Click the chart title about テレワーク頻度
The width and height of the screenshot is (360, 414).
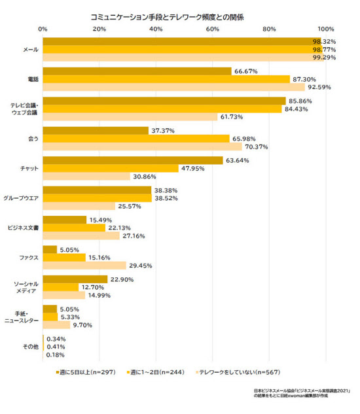pos(167,18)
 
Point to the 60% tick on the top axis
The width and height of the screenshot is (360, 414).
pos(213,29)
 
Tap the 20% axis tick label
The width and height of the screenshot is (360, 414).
pos(99,29)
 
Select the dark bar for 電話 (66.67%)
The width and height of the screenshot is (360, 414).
pos(137,71)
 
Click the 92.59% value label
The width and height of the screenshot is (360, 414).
pos(319,87)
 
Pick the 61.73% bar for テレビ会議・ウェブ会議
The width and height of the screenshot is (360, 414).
pos(130,116)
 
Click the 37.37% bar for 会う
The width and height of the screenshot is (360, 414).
pos(96,131)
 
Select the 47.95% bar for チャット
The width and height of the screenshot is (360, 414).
pos(111,169)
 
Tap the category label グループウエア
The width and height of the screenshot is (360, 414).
pos(21,198)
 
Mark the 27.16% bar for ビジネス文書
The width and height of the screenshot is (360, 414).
pos(81,236)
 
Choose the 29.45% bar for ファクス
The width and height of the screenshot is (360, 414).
pos(84,266)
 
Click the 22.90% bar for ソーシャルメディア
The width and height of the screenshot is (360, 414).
pos(75,279)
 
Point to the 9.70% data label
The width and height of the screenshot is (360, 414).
pos(82,325)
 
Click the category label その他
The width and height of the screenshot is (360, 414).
pos(31,347)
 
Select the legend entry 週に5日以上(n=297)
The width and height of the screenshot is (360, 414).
pos(86,372)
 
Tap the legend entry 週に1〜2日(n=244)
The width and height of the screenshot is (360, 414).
pos(156,372)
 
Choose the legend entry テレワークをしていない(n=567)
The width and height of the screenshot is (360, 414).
pos(238,372)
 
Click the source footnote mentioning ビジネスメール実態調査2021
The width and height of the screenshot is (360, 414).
pos(302,393)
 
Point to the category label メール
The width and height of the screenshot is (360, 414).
pos(31,50)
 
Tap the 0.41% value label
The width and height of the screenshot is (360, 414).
pos(56,347)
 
